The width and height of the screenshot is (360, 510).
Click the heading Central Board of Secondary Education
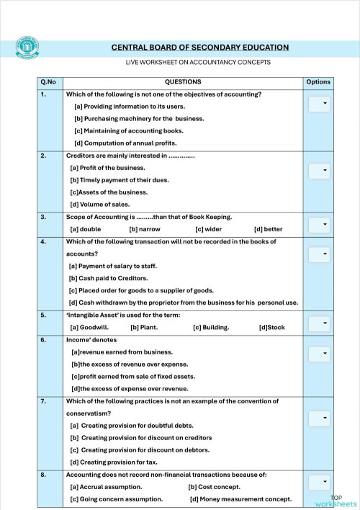pos(199,48)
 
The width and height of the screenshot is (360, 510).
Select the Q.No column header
pos(48,82)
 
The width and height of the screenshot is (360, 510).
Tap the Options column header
pos(318,82)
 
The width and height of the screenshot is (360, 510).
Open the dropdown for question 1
pos(319,104)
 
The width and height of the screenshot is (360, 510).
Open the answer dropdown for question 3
pos(319,225)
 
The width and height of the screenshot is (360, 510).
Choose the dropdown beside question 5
pos(319,323)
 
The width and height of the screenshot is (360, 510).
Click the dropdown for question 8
pos(319,482)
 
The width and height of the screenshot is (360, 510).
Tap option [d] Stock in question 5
pos(271,327)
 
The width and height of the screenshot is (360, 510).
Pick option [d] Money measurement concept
pos(240,498)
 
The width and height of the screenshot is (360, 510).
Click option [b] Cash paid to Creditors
pos(108,277)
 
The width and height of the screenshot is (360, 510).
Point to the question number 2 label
pos(44,156)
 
